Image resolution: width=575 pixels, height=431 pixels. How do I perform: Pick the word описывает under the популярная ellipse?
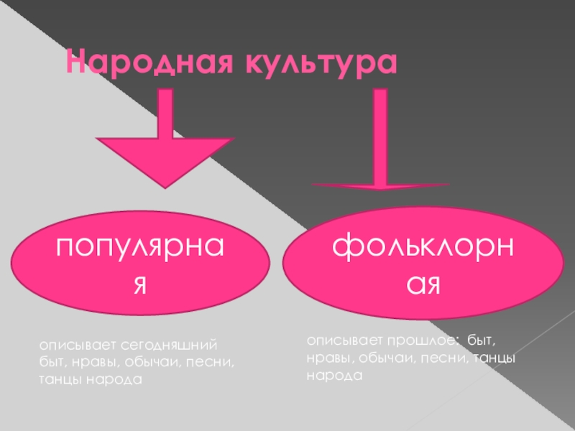coord(70,346)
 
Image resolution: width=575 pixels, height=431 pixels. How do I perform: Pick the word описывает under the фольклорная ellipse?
coord(339,340)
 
